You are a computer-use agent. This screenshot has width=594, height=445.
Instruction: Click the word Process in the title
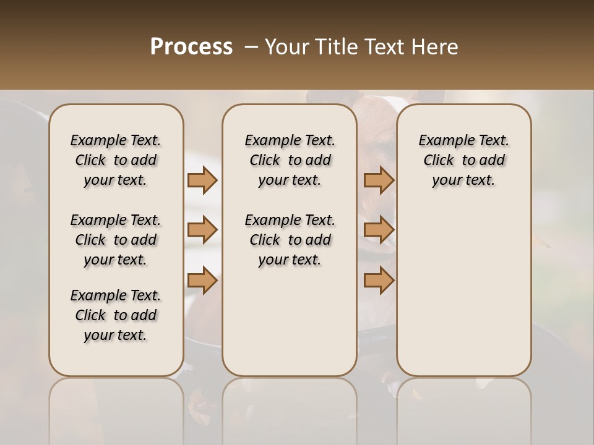click(x=191, y=47)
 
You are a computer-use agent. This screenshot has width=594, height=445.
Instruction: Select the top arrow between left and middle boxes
click(x=202, y=180)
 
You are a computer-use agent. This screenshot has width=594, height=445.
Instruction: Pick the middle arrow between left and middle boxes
click(x=202, y=230)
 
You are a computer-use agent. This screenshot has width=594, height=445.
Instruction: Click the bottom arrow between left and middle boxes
click(x=202, y=281)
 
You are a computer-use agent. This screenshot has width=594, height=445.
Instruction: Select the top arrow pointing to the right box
click(x=379, y=180)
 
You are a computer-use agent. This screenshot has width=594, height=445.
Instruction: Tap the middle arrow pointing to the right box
click(x=379, y=230)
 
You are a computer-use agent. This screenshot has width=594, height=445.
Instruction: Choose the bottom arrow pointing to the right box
click(x=379, y=281)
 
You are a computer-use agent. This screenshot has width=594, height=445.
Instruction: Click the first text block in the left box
click(x=116, y=160)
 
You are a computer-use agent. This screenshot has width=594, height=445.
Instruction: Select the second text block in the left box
click(x=116, y=240)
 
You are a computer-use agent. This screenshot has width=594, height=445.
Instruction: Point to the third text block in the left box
click(x=116, y=315)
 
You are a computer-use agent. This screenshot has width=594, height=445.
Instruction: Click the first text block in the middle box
click(x=290, y=160)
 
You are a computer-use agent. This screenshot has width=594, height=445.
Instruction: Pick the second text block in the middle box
click(x=290, y=240)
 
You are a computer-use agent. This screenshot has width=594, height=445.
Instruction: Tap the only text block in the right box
click(x=464, y=160)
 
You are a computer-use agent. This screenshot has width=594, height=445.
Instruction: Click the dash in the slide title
click(x=251, y=47)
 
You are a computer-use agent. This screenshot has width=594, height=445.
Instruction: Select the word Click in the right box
click(x=439, y=160)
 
